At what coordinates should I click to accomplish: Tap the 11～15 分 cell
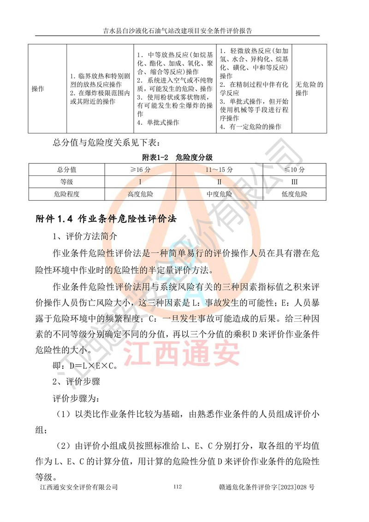pyautogui.click(x=219, y=170)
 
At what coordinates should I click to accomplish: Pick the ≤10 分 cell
pyautogui.click(x=294, y=170)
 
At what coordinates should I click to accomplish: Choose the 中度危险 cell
pyautogui.click(x=219, y=194)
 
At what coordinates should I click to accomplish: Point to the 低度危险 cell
pyautogui.click(x=294, y=194)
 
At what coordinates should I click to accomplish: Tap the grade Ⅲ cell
pyautogui.click(x=294, y=182)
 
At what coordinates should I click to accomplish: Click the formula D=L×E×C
pyautogui.click(x=86, y=366)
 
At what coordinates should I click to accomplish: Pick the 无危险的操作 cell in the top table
pyautogui.click(x=309, y=89)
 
